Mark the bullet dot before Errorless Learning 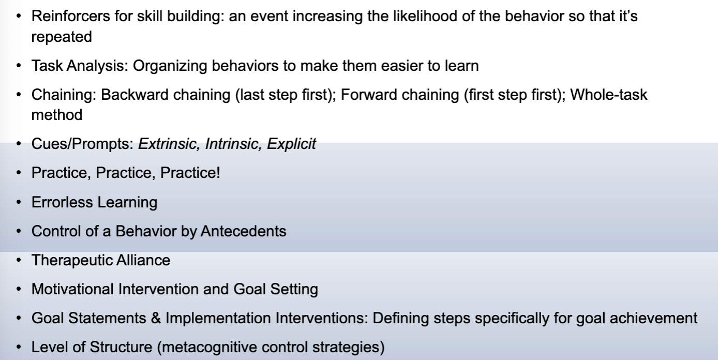(20, 201)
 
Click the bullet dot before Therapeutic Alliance (20, 260)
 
